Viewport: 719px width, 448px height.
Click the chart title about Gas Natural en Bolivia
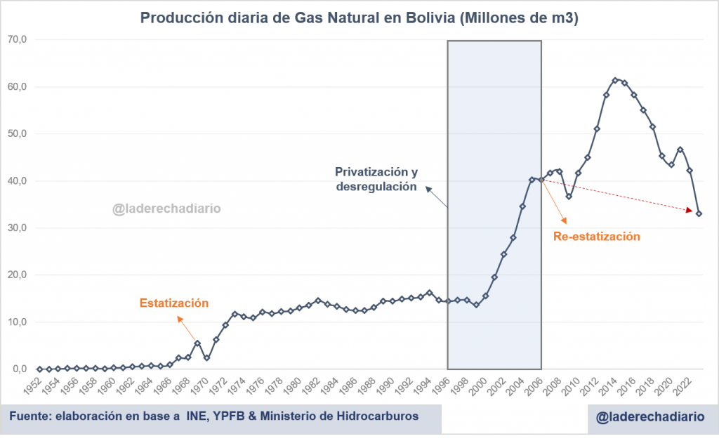pos(359,19)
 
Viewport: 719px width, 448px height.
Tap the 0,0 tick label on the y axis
pos(18,369)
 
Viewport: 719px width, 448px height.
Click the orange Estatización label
pos(174,303)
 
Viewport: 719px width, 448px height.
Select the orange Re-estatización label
pos(597,237)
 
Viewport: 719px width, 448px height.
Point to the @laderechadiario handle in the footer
pos(649,417)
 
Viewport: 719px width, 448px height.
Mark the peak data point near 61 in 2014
pos(615,80)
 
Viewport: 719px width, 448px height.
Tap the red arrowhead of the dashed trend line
pos(690,209)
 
